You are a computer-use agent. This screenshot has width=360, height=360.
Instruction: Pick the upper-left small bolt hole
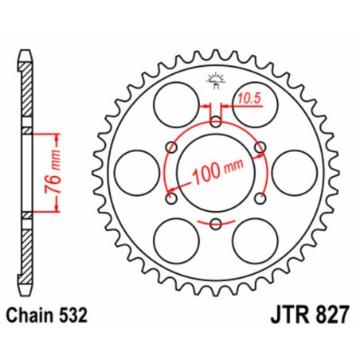coord(170,147)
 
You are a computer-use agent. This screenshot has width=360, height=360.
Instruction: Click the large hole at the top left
coord(174,104)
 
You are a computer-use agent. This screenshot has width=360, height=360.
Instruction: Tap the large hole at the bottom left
coord(174,240)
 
